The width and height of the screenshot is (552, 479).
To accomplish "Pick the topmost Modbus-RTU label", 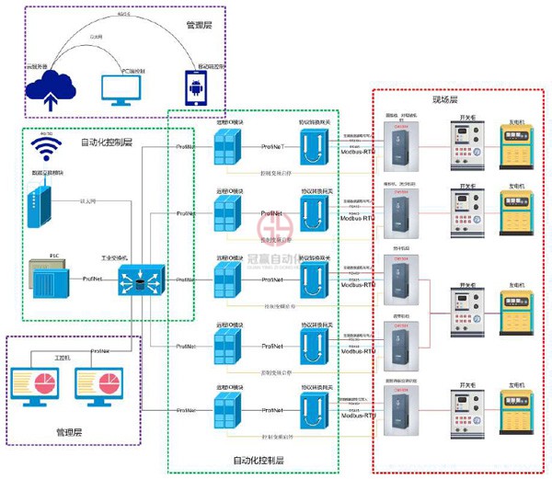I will [358, 152].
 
